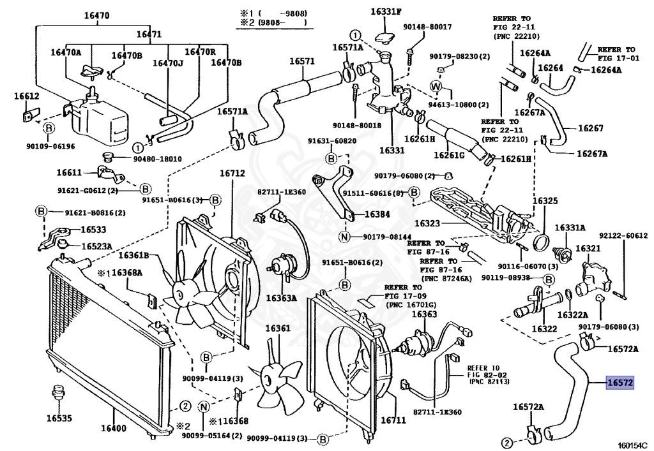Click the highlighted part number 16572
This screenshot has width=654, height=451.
pyautogui.click(x=619, y=383)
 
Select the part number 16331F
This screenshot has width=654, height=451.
pyautogui.click(x=387, y=11)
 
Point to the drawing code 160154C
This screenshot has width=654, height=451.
pyautogui.click(x=632, y=445)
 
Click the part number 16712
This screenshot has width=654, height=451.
pyautogui.click(x=232, y=174)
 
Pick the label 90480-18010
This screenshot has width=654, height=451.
pyautogui.click(x=157, y=159)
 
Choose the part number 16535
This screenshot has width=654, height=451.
pyautogui.click(x=59, y=418)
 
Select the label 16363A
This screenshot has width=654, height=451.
pyautogui.click(x=282, y=297)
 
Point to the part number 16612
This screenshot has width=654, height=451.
pyautogui.click(x=27, y=96)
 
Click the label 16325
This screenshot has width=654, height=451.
pyautogui.click(x=545, y=200)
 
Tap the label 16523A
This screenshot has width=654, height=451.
pyautogui.click(x=96, y=246)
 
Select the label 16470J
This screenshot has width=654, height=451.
pyautogui.click(x=167, y=63)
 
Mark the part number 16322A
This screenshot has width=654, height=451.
pyautogui.click(x=572, y=314)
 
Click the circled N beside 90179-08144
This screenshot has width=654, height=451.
pyautogui.click(x=344, y=238)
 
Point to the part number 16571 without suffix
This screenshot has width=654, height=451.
pyautogui.click(x=302, y=61)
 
